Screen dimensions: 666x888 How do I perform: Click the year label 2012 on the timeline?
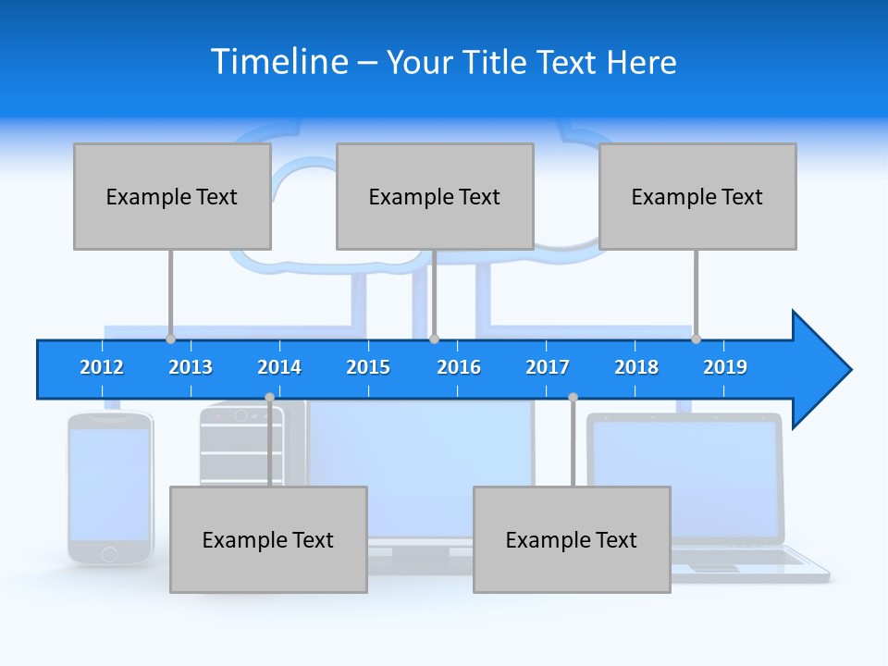(102, 367)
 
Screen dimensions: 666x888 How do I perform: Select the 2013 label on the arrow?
(191, 367)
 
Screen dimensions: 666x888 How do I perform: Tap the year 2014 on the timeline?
(279, 367)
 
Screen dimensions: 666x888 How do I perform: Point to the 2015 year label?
(368, 367)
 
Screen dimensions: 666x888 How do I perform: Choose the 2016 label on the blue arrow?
(459, 367)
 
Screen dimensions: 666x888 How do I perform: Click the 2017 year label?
(548, 367)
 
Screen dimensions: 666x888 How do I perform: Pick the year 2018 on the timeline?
(636, 367)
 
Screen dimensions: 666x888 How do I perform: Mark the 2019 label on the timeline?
(725, 367)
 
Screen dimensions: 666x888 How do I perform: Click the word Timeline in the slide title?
(279, 62)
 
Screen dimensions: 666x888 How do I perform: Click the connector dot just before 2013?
(170, 339)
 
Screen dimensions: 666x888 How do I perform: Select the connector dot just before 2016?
(434, 339)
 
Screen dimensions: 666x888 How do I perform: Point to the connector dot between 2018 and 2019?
(696, 339)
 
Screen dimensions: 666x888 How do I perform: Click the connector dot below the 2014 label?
(269, 398)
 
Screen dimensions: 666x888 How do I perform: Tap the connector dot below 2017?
(573, 398)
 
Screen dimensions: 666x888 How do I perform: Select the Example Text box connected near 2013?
(172, 196)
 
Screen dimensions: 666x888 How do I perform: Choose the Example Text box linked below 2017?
(572, 539)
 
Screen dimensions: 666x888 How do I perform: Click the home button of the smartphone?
(109, 554)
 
